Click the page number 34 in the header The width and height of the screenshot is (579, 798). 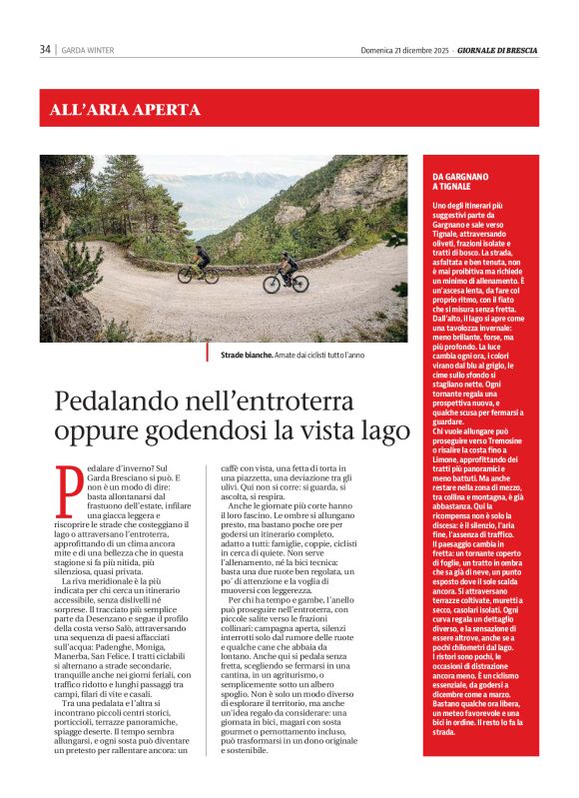point(45,50)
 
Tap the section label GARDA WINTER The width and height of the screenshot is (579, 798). point(87,50)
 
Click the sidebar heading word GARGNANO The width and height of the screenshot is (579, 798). point(465,177)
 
